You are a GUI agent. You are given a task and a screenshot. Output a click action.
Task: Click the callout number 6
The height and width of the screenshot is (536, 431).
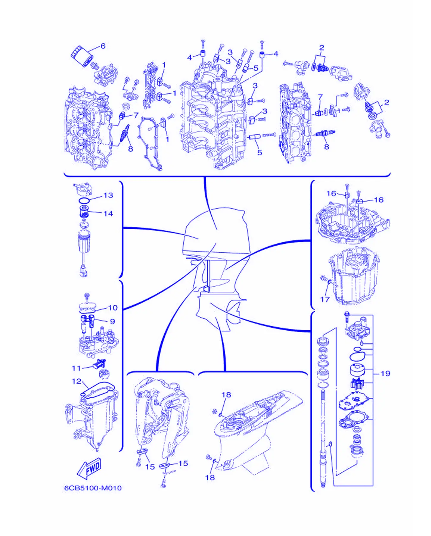[103, 46]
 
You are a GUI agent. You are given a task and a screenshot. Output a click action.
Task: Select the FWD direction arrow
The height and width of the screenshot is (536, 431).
[89, 468]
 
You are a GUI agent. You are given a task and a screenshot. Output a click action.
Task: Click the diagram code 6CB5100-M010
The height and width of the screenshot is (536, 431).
[93, 488]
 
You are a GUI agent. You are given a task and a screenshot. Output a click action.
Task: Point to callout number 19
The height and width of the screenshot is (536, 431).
[385, 374]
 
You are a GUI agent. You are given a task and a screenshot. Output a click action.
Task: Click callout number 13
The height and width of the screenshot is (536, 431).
[108, 196]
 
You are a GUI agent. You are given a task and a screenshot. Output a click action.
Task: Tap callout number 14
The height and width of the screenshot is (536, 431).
[108, 214]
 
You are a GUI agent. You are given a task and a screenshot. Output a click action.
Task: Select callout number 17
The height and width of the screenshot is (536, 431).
[325, 299]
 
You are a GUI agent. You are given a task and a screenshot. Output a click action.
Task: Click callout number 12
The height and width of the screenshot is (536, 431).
[77, 381]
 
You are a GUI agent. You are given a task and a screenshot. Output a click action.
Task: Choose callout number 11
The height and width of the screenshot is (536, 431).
[76, 368]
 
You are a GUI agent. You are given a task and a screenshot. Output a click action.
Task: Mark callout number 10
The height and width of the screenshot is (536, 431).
[113, 308]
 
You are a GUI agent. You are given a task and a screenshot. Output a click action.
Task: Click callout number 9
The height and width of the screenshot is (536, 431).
[112, 321]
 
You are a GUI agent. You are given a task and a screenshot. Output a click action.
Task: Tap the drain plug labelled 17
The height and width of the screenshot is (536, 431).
[324, 278]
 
